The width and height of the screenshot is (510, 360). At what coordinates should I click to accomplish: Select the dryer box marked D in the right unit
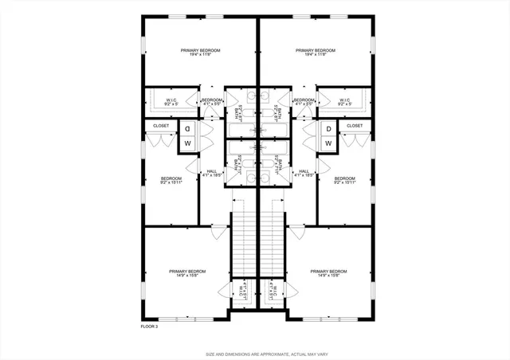(x=328, y=129)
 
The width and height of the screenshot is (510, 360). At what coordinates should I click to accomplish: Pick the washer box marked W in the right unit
(x=328, y=143)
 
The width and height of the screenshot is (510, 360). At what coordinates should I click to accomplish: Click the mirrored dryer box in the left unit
(x=187, y=129)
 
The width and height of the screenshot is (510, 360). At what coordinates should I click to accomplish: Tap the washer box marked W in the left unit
(x=187, y=143)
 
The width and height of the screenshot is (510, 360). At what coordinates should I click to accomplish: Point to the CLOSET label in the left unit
(x=161, y=126)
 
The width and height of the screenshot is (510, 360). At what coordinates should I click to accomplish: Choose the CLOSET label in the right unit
(x=355, y=126)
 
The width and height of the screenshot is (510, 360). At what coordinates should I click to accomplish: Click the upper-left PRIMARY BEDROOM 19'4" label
(x=200, y=53)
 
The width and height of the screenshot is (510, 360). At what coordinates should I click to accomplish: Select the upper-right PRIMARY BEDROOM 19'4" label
(x=315, y=53)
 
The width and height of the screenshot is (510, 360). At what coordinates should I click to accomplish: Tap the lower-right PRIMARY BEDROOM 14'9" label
(x=329, y=273)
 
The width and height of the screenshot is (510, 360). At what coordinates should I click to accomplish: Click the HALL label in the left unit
(x=212, y=172)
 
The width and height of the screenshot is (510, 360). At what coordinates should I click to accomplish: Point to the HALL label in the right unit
(x=304, y=172)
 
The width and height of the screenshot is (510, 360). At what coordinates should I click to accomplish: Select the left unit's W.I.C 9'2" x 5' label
(x=170, y=102)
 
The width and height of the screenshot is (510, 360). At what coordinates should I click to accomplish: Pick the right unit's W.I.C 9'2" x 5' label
(x=346, y=102)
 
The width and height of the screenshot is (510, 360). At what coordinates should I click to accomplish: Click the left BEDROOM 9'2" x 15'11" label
(x=171, y=180)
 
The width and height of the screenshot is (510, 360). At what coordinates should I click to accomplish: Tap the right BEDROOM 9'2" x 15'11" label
(x=344, y=180)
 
